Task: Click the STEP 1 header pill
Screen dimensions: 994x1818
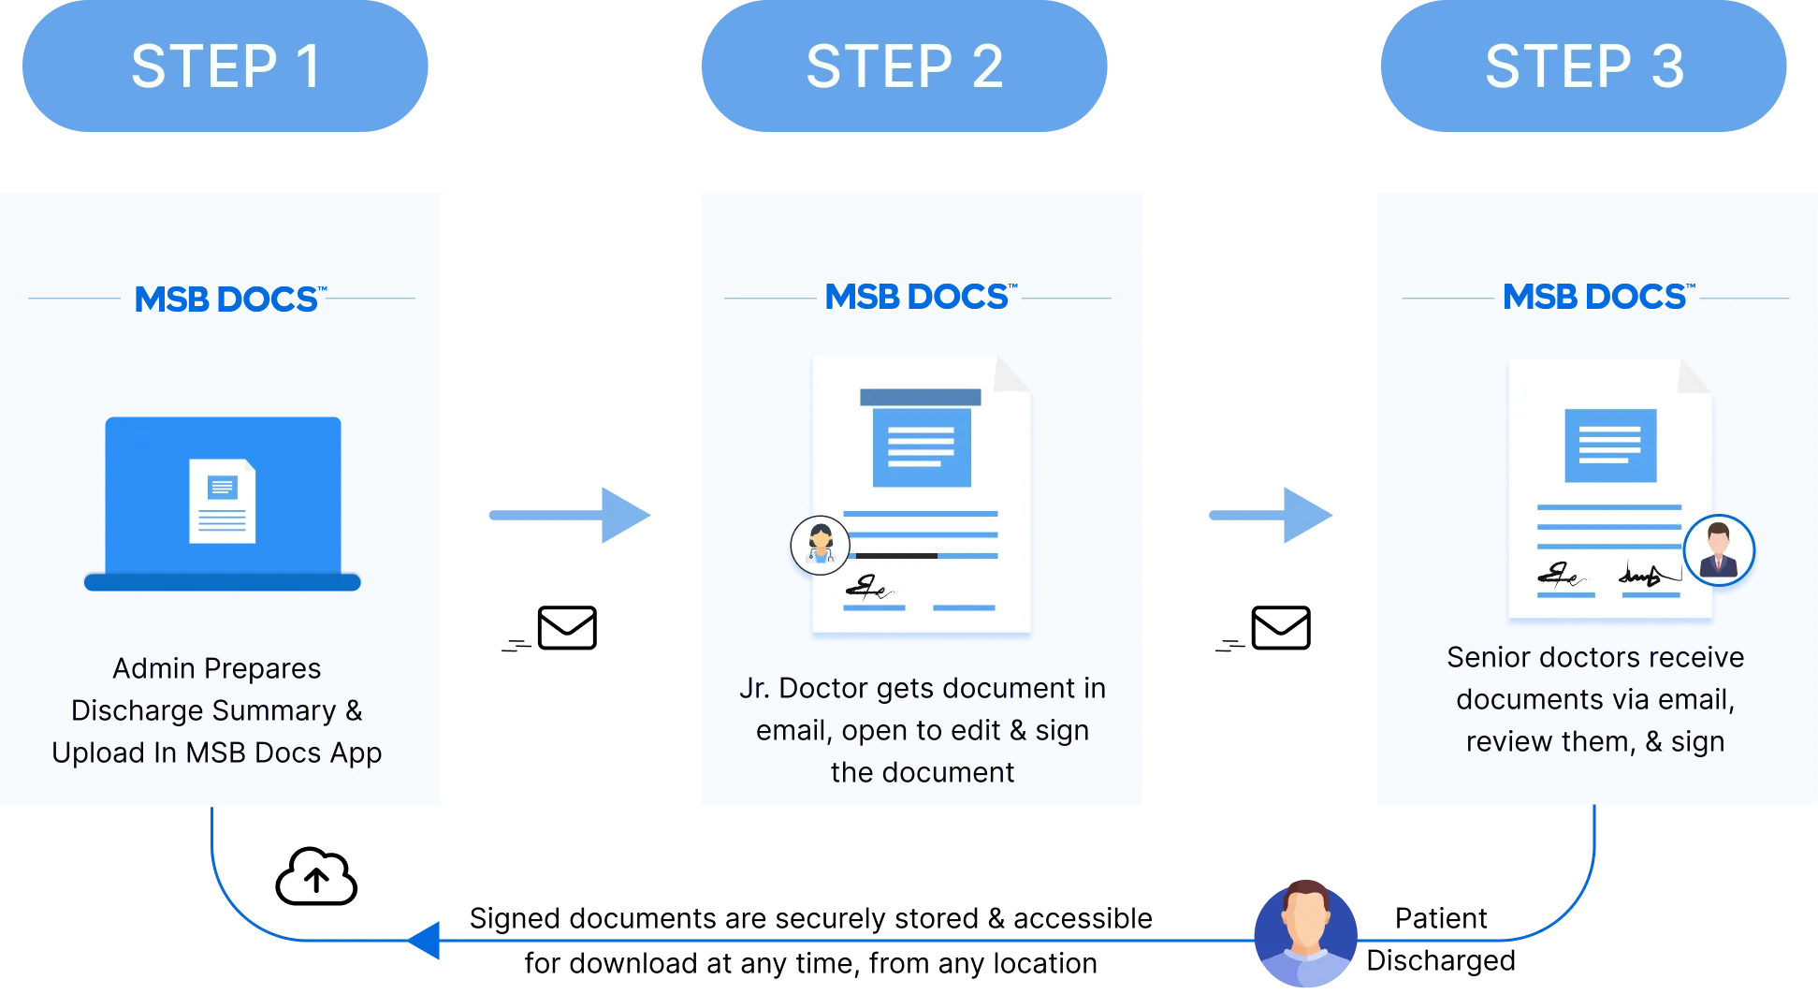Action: tap(225, 67)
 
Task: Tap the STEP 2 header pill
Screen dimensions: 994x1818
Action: tap(904, 67)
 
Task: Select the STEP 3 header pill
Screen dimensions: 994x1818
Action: tap(1583, 67)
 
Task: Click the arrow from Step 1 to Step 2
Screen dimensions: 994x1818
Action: tap(569, 515)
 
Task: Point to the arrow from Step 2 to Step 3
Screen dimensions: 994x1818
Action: tap(1271, 515)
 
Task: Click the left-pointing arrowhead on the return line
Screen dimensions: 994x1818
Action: tap(426, 940)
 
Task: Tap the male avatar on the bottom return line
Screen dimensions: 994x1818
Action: tap(1305, 932)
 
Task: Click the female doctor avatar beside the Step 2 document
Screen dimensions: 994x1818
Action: tap(821, 545)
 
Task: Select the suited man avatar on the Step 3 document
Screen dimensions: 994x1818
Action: tap(1718, 550)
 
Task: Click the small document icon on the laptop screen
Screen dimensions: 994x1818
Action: tap(223, 501)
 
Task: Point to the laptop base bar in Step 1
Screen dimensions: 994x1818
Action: tap(223, 582)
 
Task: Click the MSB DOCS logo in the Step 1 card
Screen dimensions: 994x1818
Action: tap(228, 300)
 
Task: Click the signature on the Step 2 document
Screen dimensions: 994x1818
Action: tap(868, 589)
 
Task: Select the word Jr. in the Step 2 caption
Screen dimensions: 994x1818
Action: tap(754, 689)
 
